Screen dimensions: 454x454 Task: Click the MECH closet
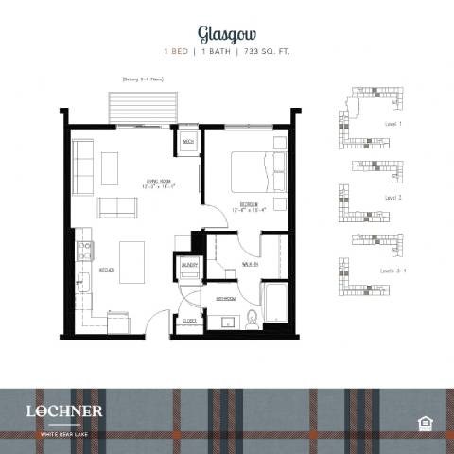tap(188, 143)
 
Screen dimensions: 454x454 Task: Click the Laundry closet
tap(188, 267)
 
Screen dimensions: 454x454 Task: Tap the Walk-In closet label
tap(251, 264)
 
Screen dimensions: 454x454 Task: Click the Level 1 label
tap(393, 124)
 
